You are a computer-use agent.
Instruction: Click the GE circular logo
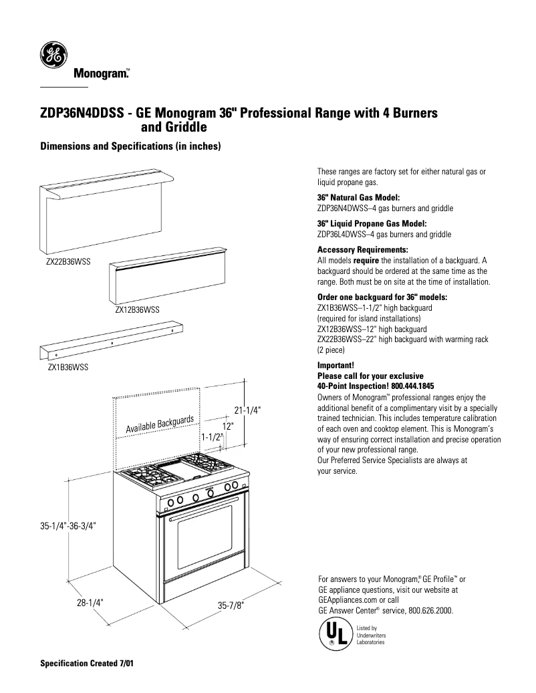click(52, 55)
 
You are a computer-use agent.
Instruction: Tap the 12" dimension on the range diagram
click(228, 426)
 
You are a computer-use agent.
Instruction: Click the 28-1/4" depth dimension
click(89, 601)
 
